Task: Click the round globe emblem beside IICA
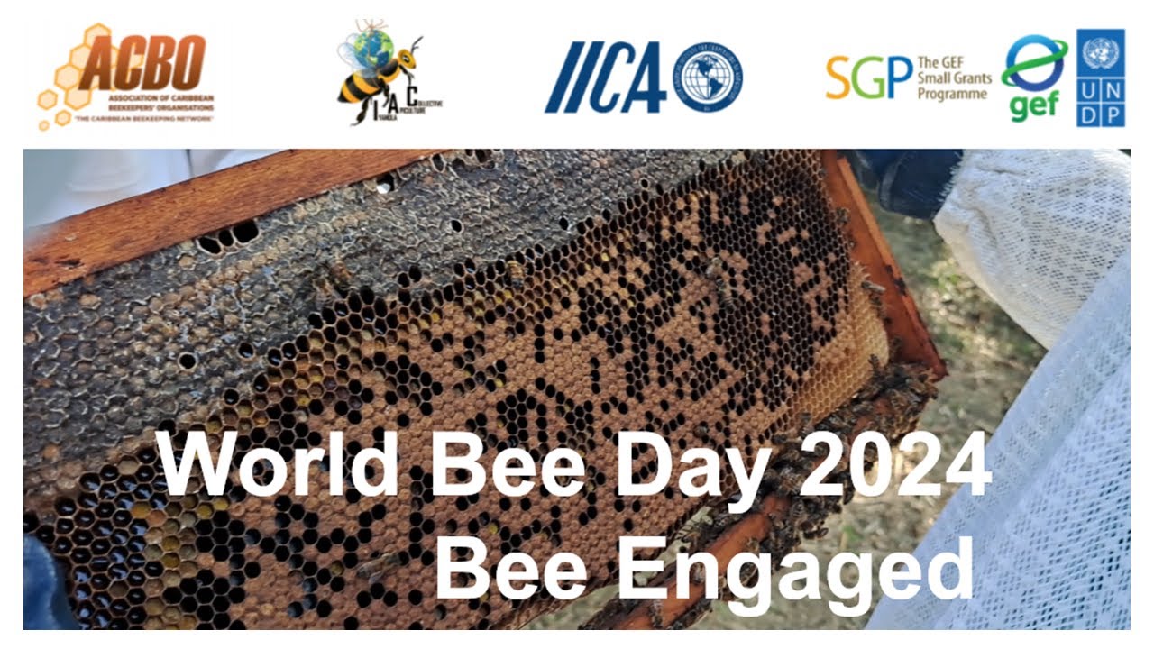(x=709, y=78)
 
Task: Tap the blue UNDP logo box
(x=1100, y=78)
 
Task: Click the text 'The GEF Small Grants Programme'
(x=953, y=78)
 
